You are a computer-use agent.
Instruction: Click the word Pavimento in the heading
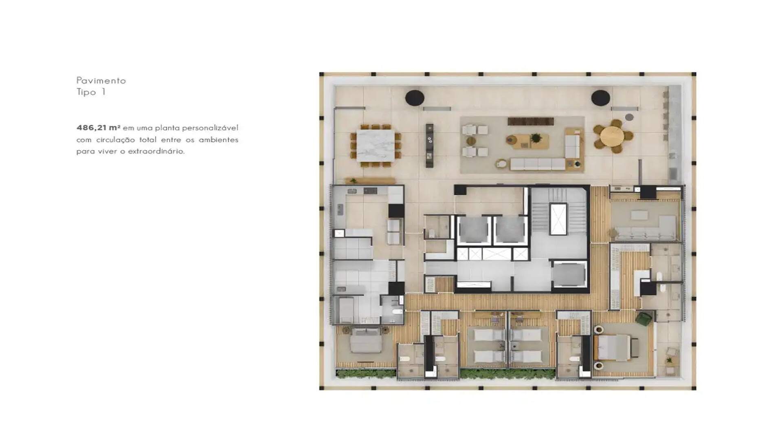101,80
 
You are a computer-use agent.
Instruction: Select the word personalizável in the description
210,128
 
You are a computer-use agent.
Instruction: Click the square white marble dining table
376,146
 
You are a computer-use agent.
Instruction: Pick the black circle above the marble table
415,98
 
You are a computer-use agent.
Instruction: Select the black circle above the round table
600,98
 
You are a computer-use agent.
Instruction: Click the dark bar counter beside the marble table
429,146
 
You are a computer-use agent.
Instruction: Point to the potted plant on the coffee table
536,138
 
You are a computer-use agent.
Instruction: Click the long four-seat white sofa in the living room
537,164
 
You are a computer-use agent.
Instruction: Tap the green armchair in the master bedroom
644,319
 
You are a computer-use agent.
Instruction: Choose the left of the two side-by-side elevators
474,231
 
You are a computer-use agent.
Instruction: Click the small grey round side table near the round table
629,117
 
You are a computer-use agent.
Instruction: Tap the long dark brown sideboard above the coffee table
531,121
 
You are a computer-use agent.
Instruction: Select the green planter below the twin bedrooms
507,374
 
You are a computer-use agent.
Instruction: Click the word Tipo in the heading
86,92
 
